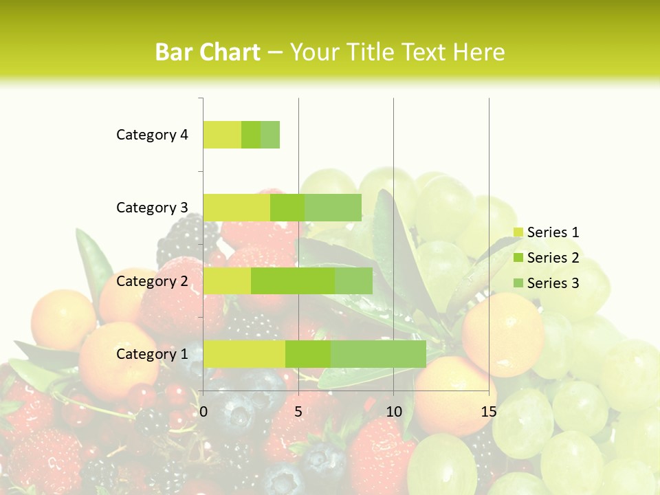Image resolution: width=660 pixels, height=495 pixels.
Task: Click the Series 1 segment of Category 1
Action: tap(244, 353)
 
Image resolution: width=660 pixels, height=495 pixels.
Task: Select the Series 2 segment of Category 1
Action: tap(308, 353)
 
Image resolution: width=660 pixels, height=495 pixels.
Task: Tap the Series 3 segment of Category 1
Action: tap(378, 353)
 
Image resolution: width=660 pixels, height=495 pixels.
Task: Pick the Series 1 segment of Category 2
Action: tap(227, 280)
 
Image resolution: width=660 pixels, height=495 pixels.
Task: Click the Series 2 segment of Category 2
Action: tap(293, 280)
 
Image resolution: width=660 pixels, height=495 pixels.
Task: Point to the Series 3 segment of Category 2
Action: tap(353, 280)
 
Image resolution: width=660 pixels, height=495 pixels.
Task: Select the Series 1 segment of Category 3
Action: tap(236, 208)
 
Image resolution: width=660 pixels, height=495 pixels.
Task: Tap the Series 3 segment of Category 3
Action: tap(333, 208)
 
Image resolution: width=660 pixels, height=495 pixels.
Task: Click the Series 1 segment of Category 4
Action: tap(222, 135)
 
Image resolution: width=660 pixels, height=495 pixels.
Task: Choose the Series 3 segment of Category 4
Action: tap(270, 135)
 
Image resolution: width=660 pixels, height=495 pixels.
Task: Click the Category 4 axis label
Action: tap(152, 135)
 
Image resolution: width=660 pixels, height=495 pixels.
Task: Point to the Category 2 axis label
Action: tap(152, 280)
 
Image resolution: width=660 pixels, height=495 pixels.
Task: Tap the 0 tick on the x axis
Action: tap(203, 412)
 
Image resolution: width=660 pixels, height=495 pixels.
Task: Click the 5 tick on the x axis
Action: tap(298, 412)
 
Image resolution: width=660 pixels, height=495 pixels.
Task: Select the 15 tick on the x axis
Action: tap(489, 412)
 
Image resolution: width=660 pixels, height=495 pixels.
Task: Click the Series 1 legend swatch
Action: tap(518, 232)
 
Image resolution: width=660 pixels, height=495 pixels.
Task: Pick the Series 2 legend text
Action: tap(553, 258)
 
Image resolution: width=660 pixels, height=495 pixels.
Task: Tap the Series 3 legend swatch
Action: tap(518, 283)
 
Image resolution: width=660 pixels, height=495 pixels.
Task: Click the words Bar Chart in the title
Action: tap(208, 52)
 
